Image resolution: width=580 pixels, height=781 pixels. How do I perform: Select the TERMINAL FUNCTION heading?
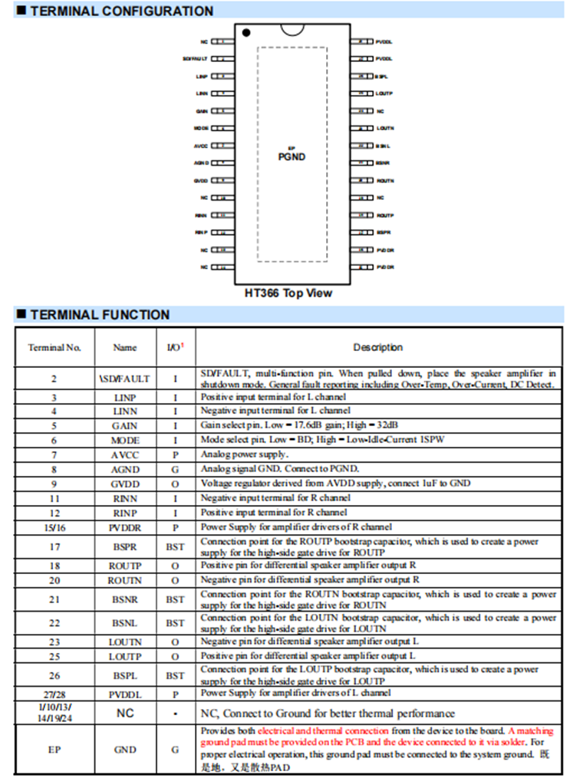pyautogui.click(x=100, y=314)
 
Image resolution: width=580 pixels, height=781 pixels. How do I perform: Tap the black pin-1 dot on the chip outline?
pyautogui.click(x=246, y=33)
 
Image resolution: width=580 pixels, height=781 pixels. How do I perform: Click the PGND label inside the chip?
pyautogui.click(x=292, y=157)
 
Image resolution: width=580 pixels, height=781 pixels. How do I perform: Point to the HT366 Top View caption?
pyautogui.click(x=288, y=293)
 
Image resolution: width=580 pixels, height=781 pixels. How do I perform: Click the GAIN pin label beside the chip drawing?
pyautogui.click(x=203, y=111)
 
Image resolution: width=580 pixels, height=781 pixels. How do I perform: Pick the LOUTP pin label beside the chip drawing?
pyautogui.click(x=384, y=94)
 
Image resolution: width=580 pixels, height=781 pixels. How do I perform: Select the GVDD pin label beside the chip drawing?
pyautogui.click(x=202, y=181)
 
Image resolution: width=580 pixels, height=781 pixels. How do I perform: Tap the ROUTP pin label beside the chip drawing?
pyautogui.click(x=385, y=215)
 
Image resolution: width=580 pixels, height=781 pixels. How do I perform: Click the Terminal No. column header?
pyautogui.click(x=54, y=347)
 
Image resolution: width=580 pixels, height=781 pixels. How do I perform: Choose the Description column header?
pyautogui.click(x=377, y=347)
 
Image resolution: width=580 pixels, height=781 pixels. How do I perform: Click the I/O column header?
pyautogui.click(x=175, y=347)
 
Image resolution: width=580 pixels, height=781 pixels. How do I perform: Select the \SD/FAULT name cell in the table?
pyautogui.click(x=125, y=379)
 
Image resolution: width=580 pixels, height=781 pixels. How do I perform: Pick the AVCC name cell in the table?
pyautogui.click(x=125, y=455)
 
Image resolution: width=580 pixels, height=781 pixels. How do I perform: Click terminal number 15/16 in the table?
pyautogui.click(x=54, y=527)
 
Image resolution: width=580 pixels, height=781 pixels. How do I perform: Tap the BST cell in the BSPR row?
pyautogui.click(x=175, y=547)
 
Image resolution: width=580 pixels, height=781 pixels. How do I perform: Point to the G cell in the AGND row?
pyautogui.click(x=175, y=469)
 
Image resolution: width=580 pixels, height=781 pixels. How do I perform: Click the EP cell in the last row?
pyautogui.click(x=54, y=750)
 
